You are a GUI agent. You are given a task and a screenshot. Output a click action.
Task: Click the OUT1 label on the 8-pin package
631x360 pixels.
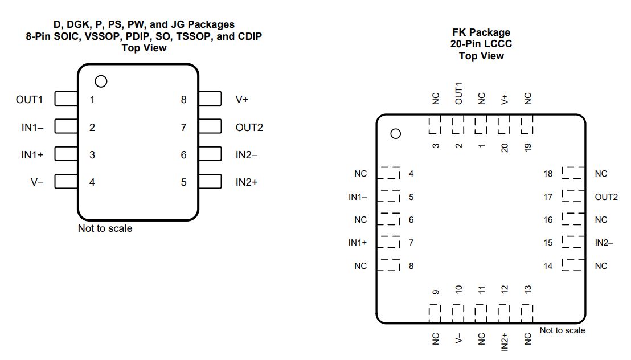pyautogui.click(x=29, y=100)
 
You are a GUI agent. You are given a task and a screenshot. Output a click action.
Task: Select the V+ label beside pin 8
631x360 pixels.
pyautogui.click(x=242, y=100)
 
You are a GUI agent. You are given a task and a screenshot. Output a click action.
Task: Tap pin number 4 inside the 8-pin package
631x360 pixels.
pyautogui.click(x=92, y=182)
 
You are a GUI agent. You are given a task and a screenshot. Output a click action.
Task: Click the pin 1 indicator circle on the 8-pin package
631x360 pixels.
pyautogui.click(x=101, y=81)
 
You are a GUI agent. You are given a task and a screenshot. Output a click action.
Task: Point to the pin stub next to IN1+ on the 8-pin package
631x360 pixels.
pyautogui.click(x=66, y=154)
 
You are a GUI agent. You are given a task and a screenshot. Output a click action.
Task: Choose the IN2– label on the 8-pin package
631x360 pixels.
pyautogui.click(x=246, y=155)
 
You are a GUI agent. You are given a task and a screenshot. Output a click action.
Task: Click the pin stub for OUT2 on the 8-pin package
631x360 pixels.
pyautogui.click(x=210, y=126)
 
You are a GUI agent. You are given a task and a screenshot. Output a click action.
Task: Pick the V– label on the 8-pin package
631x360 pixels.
pyautogui.click(x=36, y=182)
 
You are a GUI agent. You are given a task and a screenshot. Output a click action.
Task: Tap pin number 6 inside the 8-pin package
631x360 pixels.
pyautogui.click(x=183, y=155)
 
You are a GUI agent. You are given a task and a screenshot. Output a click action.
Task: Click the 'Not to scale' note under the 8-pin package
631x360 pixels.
pyautogui.click(x=105, y=228)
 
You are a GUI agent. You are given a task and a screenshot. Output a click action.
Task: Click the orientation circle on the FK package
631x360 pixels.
pyautogui.click(x=396, y=134)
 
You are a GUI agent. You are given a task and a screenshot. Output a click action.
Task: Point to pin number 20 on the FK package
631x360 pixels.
pyautogui.click(x=505, y=148)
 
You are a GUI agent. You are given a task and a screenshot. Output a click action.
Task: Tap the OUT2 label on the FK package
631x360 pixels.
pyautogui.click(x=606, y=197)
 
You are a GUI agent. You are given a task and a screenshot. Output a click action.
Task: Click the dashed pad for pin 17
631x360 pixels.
pyautogui.click(x=573, y=196)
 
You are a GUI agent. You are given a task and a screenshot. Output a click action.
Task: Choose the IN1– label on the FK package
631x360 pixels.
pyautogui.click(x=358, y=197)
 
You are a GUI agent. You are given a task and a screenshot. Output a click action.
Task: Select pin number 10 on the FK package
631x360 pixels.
pyautogui.click(x=458, y=289)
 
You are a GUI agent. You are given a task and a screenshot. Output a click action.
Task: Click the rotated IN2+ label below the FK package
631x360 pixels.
pyautogui.click(x=505, y=342)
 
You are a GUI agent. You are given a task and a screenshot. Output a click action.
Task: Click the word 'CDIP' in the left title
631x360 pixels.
pyautogui.click(x=249, y=36)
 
